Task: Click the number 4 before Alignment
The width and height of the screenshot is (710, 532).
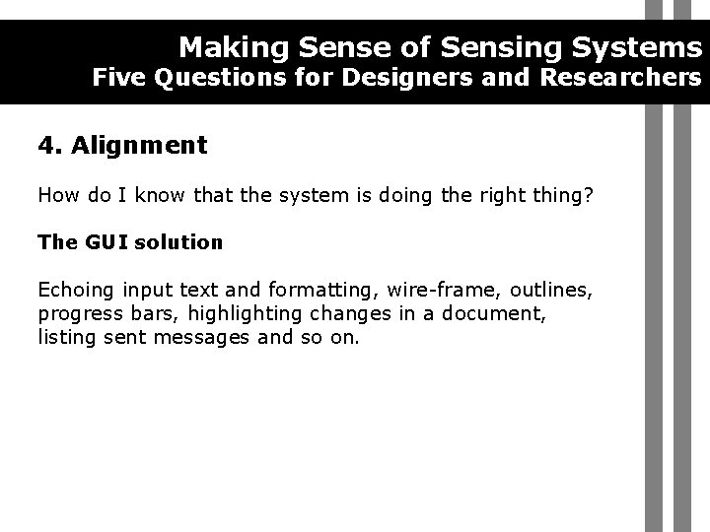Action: pyautogui.click(x=46, y=147)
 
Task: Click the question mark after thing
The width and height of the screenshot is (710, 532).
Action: pyautogui.click(x=590, y=195)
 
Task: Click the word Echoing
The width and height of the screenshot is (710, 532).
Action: pyautogui.click(x=76, y=290)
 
